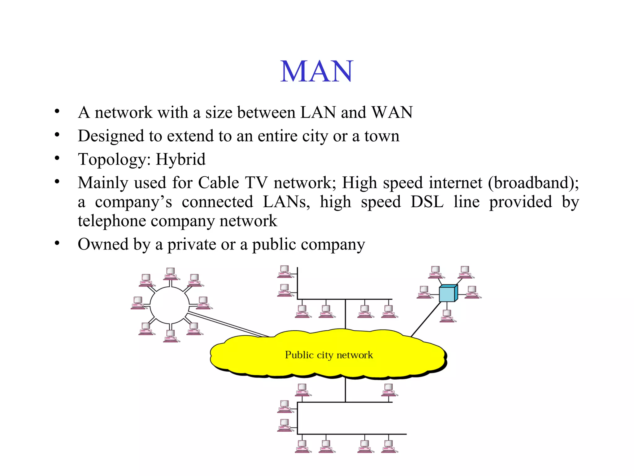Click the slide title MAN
pos(316,72)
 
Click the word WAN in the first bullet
pos(392,112)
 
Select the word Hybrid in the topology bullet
pos(180,159)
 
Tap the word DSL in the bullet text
pos(427,202)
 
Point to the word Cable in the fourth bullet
pos(218,183)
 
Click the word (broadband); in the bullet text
pos(533,183)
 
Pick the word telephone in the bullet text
pos(111,221)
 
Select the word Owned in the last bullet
pos(103,244)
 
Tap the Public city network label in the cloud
pos(329,355)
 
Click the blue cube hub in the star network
pos(448,293)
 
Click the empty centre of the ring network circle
pos(169,305)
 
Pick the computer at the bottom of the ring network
pos(171,336)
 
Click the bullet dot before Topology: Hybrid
pos(57,158)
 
